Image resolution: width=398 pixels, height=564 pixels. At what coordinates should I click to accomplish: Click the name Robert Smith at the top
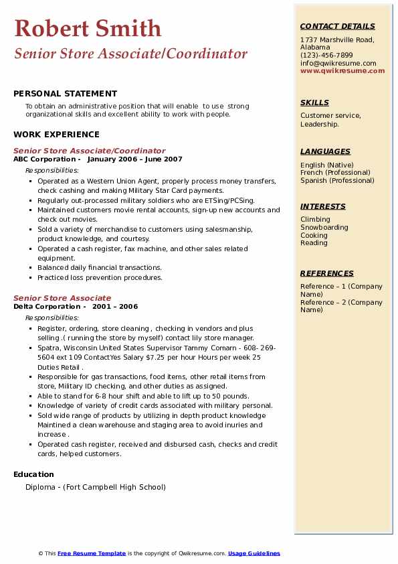click(88, 28)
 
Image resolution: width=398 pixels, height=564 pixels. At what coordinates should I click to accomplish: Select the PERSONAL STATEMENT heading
click(65, 94)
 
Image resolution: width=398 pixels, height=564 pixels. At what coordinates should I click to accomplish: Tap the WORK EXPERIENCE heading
click(56, 134)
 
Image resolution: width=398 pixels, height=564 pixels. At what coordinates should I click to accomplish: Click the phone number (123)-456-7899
click(326, 56)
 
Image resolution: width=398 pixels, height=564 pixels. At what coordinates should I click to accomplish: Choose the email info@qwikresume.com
click(338, 64)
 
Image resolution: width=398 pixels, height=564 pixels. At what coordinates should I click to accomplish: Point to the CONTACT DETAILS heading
click(337, 26)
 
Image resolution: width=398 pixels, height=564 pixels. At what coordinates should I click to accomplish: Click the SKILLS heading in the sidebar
click(314, 102)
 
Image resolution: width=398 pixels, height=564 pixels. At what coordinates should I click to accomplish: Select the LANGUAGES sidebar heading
click(325, 151)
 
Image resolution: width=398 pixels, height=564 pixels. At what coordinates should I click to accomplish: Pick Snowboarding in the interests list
click(324, 228)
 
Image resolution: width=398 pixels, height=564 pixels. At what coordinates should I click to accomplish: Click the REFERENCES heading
click(327, 273)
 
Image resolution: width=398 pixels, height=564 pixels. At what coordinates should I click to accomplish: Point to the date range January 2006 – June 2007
click(134, 159)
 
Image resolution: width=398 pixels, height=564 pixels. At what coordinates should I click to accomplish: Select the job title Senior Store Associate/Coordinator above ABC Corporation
click(89, 151)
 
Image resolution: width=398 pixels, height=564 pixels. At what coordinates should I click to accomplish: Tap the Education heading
click(34, 474)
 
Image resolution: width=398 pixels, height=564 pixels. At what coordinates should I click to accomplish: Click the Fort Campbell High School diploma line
click(96, 487)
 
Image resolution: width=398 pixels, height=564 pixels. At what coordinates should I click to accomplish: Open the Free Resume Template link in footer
click(92, 553)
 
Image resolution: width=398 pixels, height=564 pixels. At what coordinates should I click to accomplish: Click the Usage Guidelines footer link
click(254, 553)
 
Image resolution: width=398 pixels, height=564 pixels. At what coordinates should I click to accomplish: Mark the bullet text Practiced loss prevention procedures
click(100, 277)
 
